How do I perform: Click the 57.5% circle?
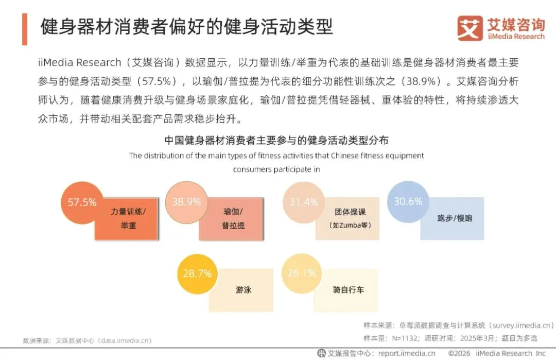[82, 202]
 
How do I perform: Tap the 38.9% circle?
[186, 202]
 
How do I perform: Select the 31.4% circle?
[303, 202]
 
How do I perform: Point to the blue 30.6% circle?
[408, 201]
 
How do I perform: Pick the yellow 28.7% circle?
[197, 273]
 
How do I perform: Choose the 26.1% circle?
[302, 273]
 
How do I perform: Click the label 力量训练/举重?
[128, 218]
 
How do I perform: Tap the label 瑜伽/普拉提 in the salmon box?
[233, 218]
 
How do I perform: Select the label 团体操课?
[350, 212]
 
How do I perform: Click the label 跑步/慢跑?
[454, 218]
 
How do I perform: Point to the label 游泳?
[244, 289]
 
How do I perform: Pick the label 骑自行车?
[348, 289]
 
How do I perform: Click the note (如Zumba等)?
[350, 225]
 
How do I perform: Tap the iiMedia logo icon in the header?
[469, 28]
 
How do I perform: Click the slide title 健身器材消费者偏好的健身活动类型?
[186, 26]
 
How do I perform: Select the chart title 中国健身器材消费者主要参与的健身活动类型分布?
[276, 140]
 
